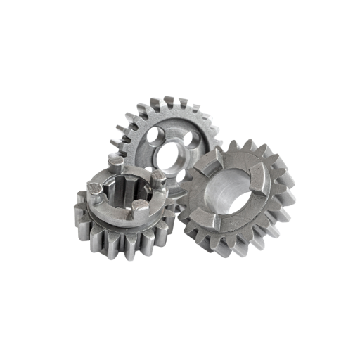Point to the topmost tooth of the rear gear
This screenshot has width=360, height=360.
point(169,100)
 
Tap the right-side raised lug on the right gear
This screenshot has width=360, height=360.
point(268,184)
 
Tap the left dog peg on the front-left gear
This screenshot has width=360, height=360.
point(93,188)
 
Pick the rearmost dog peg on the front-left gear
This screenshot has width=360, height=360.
point(115,164)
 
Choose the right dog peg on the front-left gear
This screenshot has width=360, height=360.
point(160,179)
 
